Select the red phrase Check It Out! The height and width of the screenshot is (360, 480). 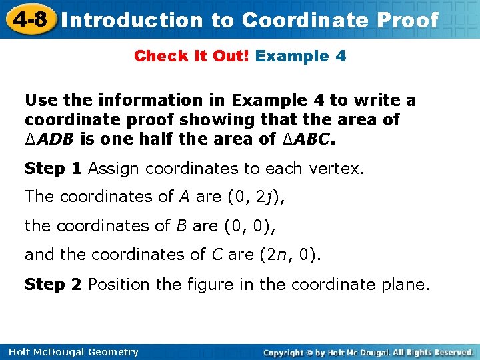[191, 56]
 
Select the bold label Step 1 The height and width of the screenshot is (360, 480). [53, 169]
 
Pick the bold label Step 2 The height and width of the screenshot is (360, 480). [53, 285]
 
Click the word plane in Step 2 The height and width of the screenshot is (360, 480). [406, 285]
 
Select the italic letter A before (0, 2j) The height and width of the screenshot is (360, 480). [183, 197]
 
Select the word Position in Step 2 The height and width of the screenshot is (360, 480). [116, 285]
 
